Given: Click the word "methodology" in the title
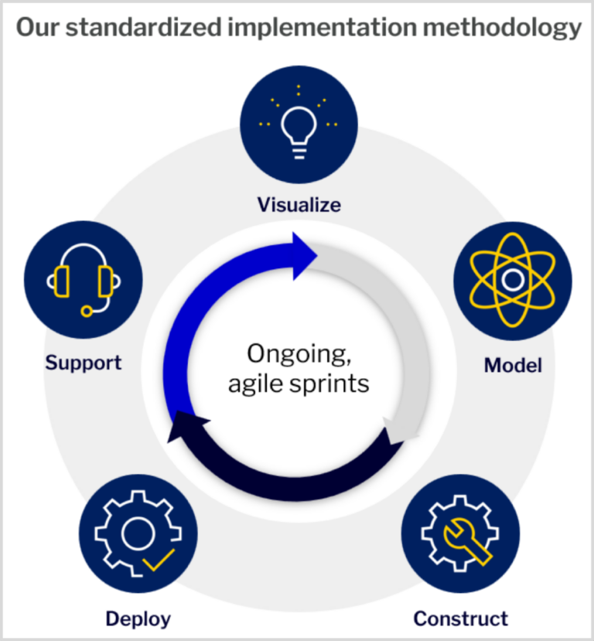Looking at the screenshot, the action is pos(502,28).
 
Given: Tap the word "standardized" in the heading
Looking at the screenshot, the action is pos(144,27).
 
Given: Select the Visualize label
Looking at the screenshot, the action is pos(299,204).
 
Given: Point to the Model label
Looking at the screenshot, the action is pos(513,365).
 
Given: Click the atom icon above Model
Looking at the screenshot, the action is pos(513,281).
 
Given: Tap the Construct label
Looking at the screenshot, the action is pos(461,619).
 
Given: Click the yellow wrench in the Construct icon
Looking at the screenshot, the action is pos(467,541).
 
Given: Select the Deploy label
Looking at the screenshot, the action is pos(138,619).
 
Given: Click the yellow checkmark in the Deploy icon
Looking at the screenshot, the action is pos(159,559).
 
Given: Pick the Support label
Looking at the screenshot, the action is pos(84,363).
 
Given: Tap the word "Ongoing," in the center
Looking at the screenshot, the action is pos(299,353).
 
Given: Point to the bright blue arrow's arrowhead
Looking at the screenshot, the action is pos(305,256).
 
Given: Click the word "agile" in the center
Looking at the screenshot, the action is pos(255,384).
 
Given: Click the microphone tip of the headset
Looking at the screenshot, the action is pos(87,312).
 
